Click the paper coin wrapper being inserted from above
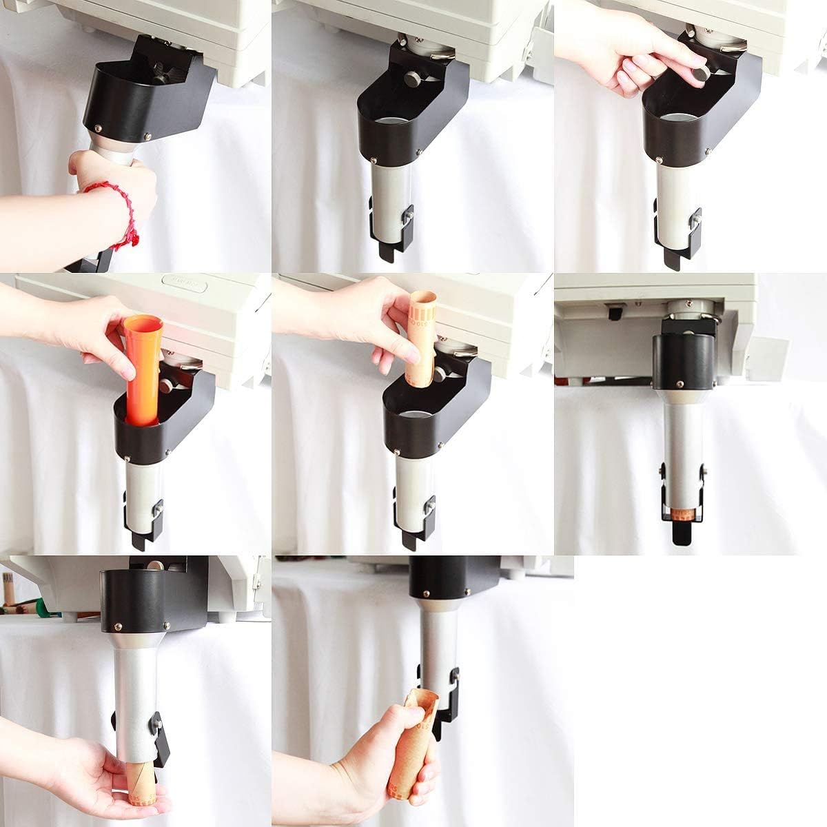pyautogui.click(x=420, y=338)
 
